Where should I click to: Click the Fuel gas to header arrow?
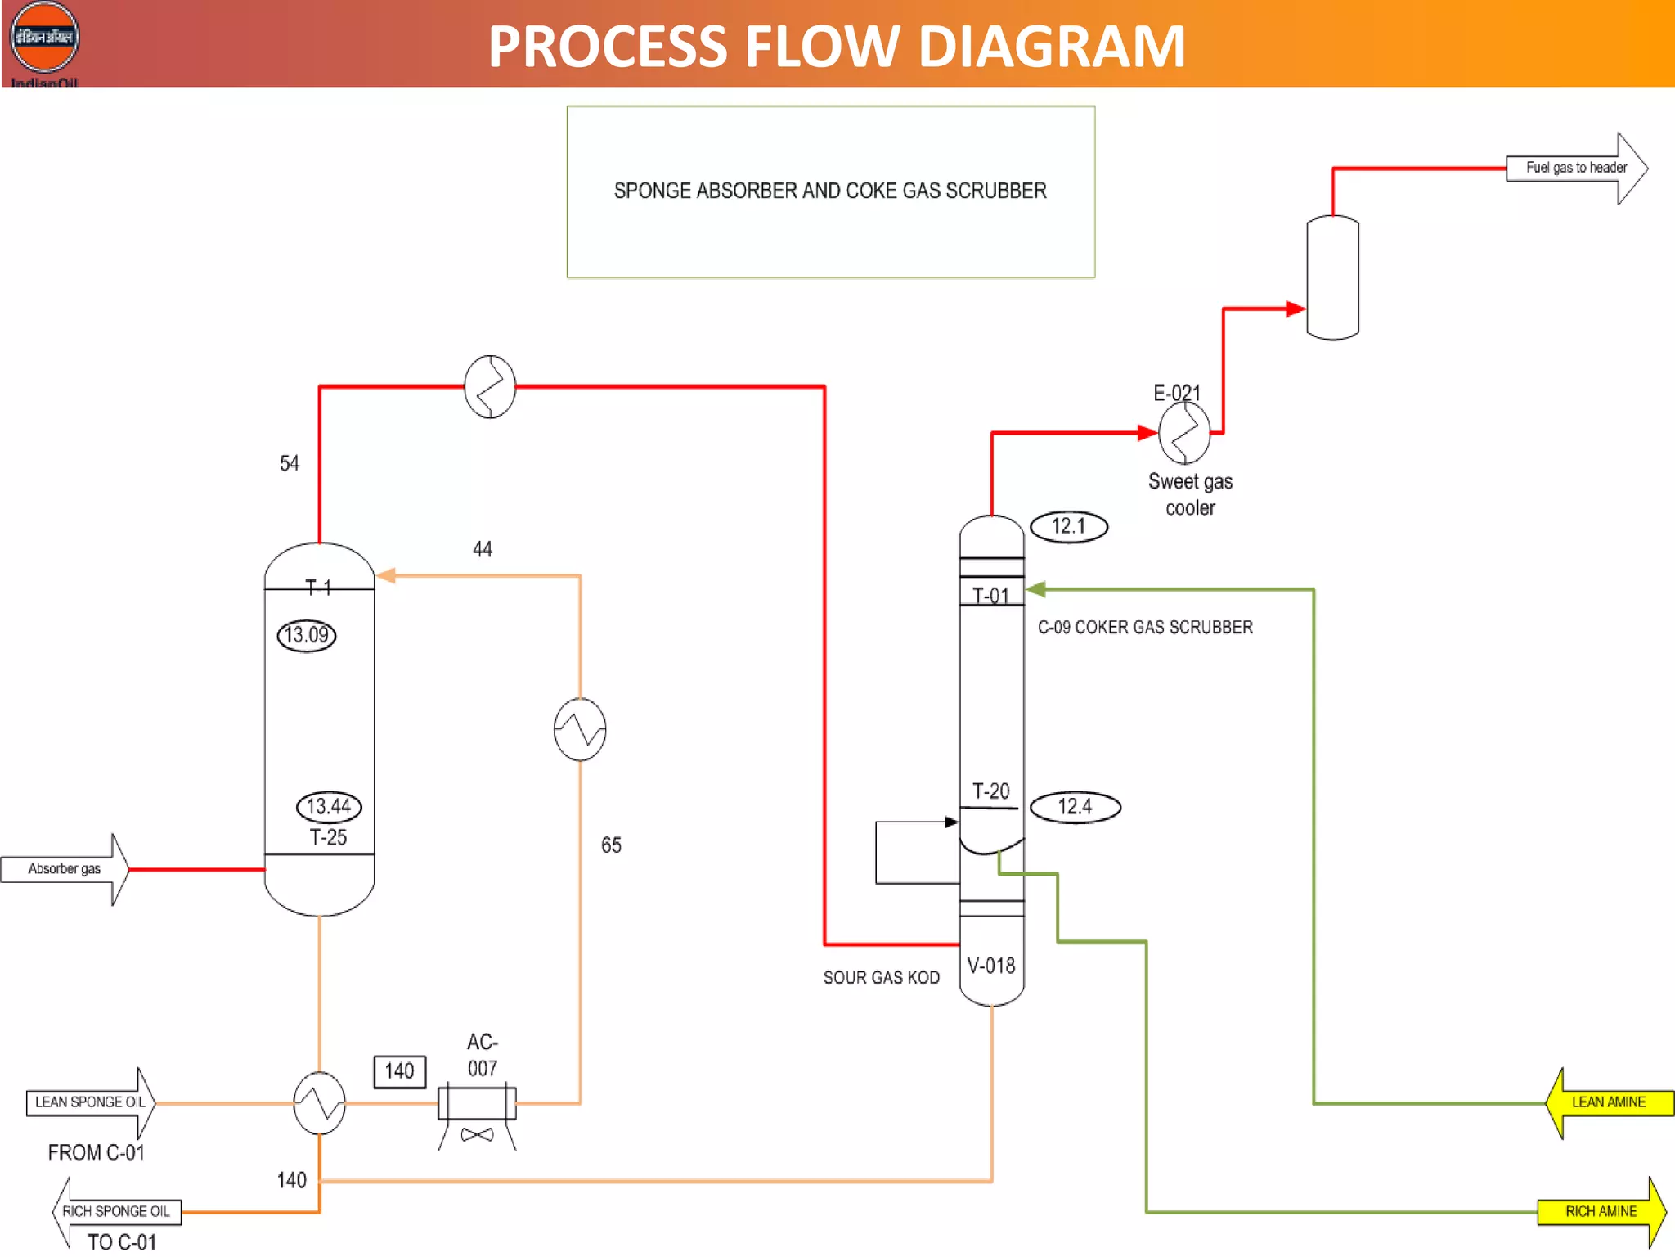(x=1576, y=168)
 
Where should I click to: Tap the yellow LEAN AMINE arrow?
(x=1608, y=1102)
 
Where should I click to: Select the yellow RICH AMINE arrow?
(x=1601, y=1211)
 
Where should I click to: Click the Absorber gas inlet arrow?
(x=65, y=869)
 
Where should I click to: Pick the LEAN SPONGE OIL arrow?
(x=90, y=1102)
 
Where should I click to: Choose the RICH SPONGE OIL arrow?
(x=116, y=1211)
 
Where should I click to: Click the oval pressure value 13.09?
(x=307, y=635)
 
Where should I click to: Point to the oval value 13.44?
(x=329, y=806)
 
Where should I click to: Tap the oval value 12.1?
(x=1068, y=526)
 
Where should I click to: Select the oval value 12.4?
(x=1075, y=807)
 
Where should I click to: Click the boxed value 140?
(x=399, y=1071)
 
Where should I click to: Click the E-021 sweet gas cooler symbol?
(x=1183, y=433)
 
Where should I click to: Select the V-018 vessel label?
(x=990, y=966)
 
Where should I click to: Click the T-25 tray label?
(x=328, y=837)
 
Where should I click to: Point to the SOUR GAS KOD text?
(x=881, y=977)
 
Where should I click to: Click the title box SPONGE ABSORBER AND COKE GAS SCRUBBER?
(x=830, y=191)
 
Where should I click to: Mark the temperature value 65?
(x=611, y=845)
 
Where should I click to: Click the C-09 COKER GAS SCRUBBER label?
(x=1145, y=628)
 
